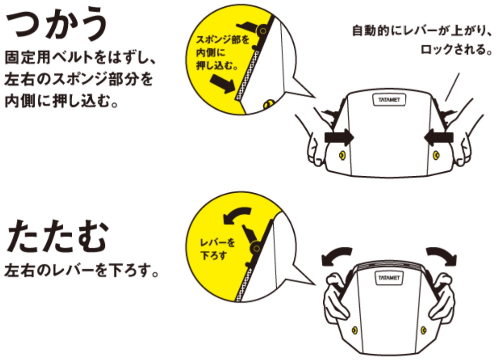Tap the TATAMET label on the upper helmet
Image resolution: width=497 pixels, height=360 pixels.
click(389, 100)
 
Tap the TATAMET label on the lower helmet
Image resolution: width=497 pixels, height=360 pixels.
click(389, 278)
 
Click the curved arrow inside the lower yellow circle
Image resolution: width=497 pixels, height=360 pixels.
click(236, 215)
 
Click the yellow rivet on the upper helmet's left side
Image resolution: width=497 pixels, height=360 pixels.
click(342, 155)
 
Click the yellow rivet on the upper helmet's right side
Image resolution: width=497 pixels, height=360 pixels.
click(436, 155)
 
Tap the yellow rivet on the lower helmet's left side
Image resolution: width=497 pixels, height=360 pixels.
click(355, 331)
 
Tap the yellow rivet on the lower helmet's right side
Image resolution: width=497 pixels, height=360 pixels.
click(423, 331)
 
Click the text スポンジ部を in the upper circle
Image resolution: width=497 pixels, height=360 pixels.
click(222, 40)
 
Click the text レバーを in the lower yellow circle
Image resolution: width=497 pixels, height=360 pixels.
click(218, 243)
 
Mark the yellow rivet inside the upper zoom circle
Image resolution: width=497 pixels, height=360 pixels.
click(270, 104)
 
